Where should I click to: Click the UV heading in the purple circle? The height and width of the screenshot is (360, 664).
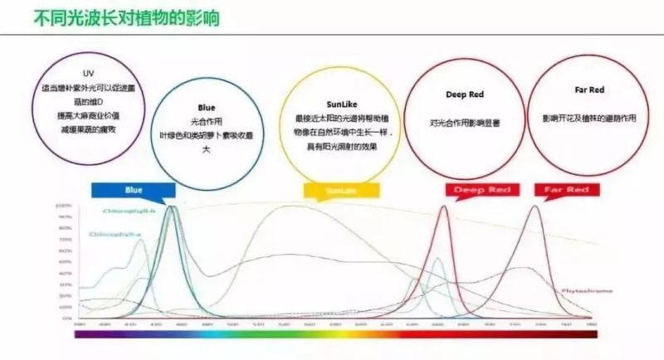click(x=89, y=72)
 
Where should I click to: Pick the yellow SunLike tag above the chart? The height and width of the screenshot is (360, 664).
click(x=333, y=191)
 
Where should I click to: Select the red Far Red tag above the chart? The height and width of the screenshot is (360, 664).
click(x=566, y=191)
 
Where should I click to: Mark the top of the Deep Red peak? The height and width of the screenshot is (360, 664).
click(x=442, y=207)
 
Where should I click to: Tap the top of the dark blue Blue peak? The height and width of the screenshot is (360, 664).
click(x=172, y=207)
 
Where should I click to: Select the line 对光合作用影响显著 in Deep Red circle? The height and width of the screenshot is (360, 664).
click(x=464, y=121)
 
